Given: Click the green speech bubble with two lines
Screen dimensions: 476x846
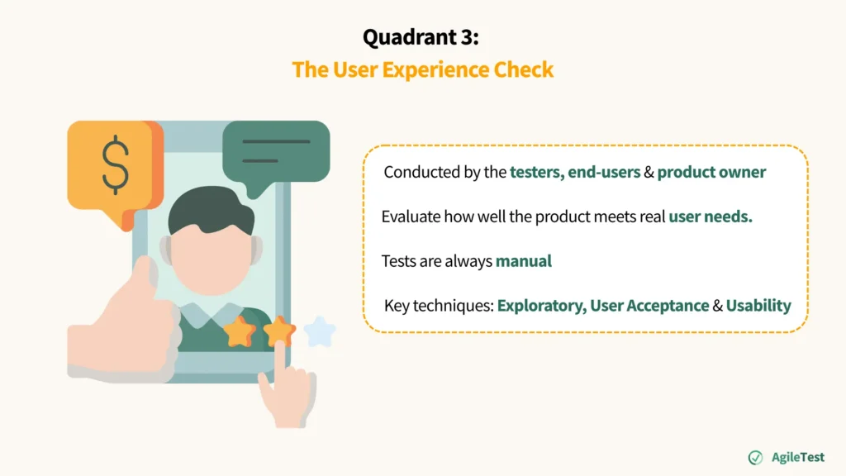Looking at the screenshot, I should point(276,151).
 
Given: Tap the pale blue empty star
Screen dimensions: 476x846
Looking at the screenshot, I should point(320,332).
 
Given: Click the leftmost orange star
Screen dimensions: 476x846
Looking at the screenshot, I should point(240,332).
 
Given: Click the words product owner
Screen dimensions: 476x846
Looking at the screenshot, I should point(711,173).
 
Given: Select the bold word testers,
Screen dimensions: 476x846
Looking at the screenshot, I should point(536,173).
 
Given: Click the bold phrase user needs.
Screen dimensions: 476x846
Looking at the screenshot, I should point(711,217).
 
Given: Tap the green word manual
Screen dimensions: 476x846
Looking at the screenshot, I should point(523,261).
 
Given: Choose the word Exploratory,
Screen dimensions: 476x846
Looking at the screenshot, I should point(541,306).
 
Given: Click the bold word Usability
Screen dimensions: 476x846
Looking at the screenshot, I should point(758,306).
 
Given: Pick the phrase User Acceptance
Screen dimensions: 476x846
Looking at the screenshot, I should point(649,306).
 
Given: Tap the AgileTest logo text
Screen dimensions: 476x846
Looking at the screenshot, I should point(797,457).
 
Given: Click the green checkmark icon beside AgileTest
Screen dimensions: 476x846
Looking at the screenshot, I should point(755,457).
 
